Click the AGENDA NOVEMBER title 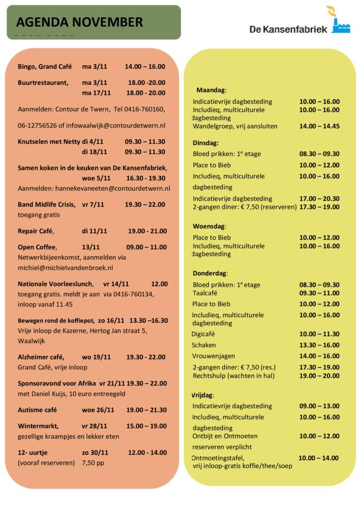pos(80,22)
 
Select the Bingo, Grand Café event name pos(45,67)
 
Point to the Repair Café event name pos(35,231)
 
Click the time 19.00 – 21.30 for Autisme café pos(146,410)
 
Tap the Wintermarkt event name pos(38,426)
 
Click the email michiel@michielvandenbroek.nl pos(65,267)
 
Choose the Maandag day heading pos(211,90)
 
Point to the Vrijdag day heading pos(203,395)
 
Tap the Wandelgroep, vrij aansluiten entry pos(235,126)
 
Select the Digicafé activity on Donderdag pos(203,334)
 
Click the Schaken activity pos(203,345)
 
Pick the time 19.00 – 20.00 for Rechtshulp pos(319,376)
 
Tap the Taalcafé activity pos(206,293)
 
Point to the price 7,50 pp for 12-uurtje pos(93,463)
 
